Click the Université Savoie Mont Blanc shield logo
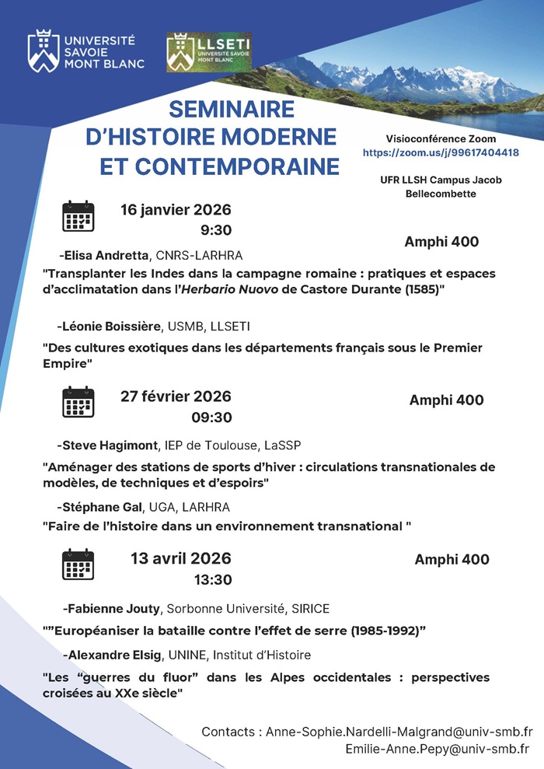[43, 52]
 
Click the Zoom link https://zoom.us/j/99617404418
[441, 153]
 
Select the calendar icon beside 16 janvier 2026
[78, 216]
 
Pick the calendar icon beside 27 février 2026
[78, 402]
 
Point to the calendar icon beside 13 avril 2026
[78, 565]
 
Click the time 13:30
[212, 579]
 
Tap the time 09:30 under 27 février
[211, 418]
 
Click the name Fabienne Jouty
[114, 608]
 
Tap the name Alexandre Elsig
[114, 655]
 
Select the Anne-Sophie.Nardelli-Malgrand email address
[399, 732]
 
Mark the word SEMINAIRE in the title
[221, 108]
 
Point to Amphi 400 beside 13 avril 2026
[452, 560]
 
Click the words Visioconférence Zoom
[441, 138]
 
